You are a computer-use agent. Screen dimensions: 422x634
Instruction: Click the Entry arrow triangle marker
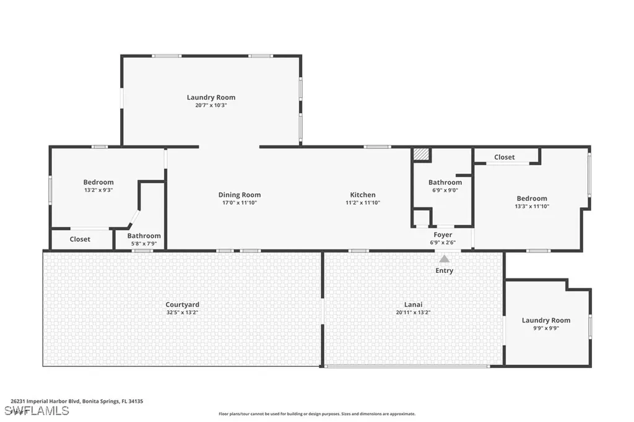[444, 259]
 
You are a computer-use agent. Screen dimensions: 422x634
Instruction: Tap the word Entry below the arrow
[444, 270]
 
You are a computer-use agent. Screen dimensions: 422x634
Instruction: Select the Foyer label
[443, 235]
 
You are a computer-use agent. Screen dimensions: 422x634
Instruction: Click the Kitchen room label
[363, 195]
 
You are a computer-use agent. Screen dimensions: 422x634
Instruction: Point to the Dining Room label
[239, 195]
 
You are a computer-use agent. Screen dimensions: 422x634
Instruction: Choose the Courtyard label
[182, 304]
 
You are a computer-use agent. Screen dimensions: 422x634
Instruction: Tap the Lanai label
[413, 304]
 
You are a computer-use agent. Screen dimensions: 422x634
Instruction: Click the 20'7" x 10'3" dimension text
[211, 105]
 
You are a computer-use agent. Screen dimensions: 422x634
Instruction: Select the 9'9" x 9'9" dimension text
[545, 329]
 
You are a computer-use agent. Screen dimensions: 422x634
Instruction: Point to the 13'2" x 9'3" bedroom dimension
[98, 191]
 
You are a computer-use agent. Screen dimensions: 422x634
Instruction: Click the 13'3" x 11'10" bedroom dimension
[532, 207]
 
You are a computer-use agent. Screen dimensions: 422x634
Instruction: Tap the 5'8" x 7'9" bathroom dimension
[144, 244]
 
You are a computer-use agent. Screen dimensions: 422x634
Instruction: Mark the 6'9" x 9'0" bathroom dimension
[445, 191]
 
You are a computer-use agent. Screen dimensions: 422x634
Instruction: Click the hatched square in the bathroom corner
[421, 154]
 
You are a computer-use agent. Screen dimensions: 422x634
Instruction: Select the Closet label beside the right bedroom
[504, 157]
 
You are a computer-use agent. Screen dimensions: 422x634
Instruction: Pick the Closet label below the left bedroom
[80, 239]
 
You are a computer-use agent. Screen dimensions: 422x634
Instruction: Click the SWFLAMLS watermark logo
[37, 410]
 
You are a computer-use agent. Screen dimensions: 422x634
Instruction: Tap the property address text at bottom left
[77, 401]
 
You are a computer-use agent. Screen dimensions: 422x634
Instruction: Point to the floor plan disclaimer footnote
[316, 414]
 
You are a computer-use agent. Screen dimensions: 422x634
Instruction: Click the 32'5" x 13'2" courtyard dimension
[182, 312]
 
